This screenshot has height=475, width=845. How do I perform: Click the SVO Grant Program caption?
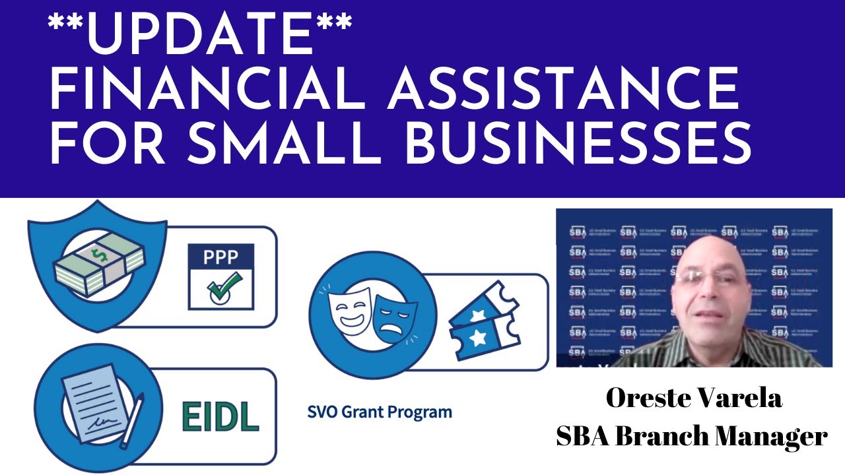[x=380, y=413]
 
